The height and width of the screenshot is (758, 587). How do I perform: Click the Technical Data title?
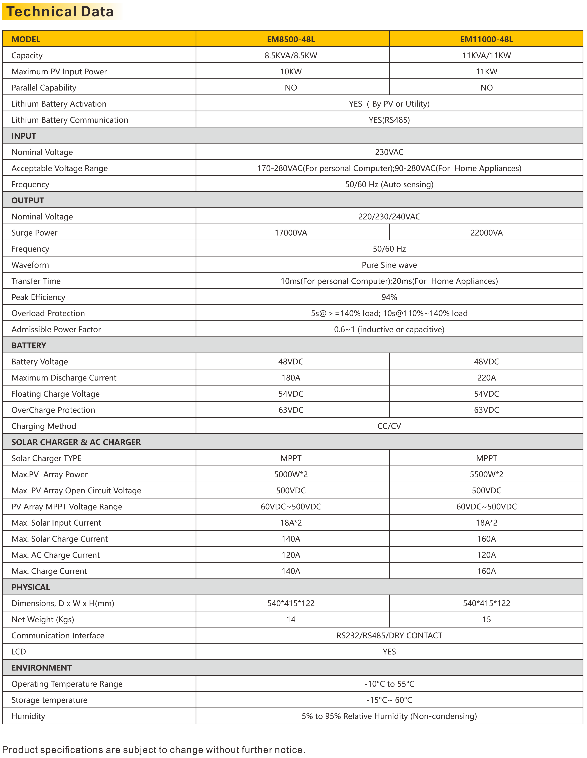60,12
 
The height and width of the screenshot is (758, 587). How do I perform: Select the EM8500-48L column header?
291,39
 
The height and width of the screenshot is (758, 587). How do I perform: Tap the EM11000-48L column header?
486,39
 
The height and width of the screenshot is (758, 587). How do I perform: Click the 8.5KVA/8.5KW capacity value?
291,55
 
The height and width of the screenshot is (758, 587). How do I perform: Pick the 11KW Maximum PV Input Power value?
486,72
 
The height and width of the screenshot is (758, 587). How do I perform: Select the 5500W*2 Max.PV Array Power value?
486,474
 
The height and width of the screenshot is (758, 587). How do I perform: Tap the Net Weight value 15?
486,619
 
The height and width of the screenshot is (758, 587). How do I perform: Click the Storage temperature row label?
49,700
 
